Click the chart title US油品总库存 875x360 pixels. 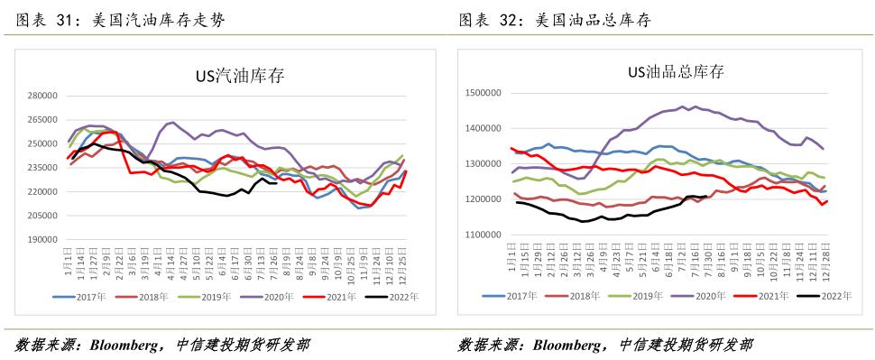click(676, 71)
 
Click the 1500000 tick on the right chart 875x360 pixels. click(483, 93)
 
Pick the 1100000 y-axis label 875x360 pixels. click(483, 234)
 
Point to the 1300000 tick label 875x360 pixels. click(483, 163)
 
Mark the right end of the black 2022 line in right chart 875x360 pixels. click(705, 197)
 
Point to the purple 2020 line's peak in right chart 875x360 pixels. click(693, 106)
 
